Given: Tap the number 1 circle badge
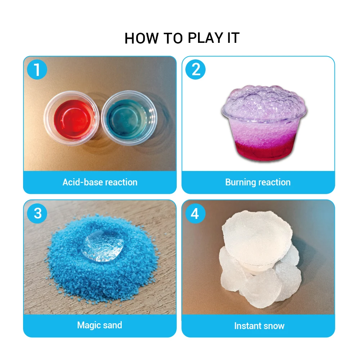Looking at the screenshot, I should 37,70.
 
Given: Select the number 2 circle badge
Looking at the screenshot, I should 195,70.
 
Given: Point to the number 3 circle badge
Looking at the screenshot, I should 37,213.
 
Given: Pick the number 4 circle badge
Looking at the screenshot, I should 195,213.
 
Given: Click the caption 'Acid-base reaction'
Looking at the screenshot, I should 100,182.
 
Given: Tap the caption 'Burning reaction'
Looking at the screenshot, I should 258,182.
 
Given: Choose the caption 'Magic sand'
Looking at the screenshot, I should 100,325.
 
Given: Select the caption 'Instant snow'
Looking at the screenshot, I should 259,326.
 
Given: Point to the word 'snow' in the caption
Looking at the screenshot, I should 273,326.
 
